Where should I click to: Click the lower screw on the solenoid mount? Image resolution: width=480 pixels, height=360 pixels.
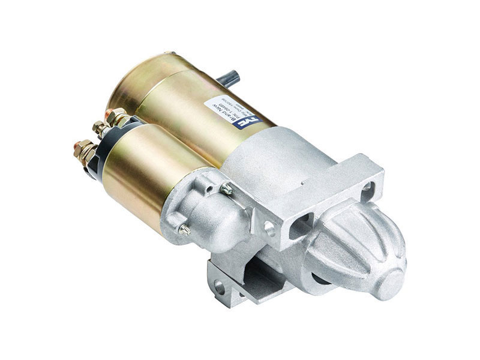185,228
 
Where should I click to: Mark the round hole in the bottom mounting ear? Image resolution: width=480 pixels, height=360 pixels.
220,287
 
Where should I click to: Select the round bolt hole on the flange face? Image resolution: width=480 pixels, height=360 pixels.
269,227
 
